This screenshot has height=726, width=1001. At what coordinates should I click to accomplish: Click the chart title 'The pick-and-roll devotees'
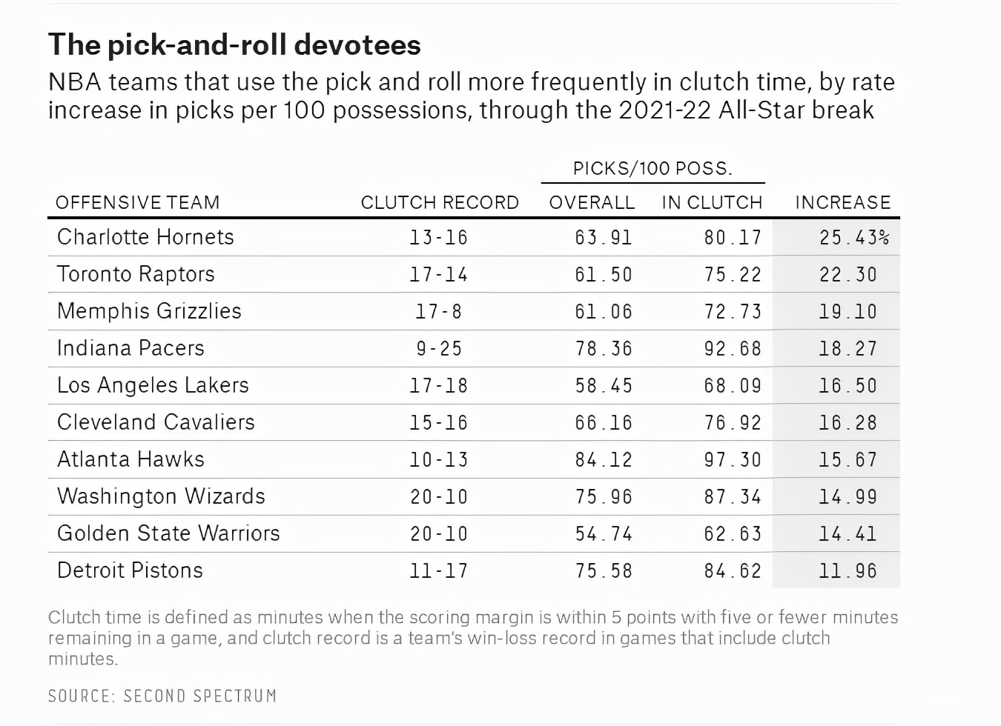tap(234, 45)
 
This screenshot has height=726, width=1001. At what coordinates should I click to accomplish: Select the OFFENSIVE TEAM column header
tap(137, 202)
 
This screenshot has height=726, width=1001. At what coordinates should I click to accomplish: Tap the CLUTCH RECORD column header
tap(440, 202)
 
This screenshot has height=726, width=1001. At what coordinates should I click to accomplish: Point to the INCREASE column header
tap(842, 202)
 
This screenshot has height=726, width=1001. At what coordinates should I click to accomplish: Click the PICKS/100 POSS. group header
tap(653, 168)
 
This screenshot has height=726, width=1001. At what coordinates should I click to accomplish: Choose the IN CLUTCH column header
tap(712, 202)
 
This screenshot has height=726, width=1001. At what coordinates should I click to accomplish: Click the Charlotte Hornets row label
tap(145, 237)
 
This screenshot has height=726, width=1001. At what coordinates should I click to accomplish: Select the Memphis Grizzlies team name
tap(149, 311)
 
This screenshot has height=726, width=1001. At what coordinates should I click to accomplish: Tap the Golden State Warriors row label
tap(168, 533)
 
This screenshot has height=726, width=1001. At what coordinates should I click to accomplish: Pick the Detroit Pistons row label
tap(130, 570)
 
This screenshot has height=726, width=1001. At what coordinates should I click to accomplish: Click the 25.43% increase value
tap(853, 238)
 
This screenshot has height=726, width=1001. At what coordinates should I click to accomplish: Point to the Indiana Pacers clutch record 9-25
tap(439, 349)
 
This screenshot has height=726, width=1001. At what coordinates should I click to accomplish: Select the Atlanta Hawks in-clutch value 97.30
tap(733, 460)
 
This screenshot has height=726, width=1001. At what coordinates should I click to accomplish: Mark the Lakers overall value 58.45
tap(604, 386)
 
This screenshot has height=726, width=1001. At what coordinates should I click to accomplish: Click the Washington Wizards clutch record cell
tap(439, 497)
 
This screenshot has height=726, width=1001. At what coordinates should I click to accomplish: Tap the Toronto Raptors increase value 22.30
tap(848, 275)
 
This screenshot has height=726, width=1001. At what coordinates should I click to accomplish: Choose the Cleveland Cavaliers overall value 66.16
tap(604, 423)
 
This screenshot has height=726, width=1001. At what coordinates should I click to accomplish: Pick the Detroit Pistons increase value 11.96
tap(848, 571)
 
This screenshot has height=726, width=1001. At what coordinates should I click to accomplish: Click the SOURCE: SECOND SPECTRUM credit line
tap(162, 696)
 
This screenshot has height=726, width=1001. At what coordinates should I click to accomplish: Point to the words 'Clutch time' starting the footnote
tap(82, 617)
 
